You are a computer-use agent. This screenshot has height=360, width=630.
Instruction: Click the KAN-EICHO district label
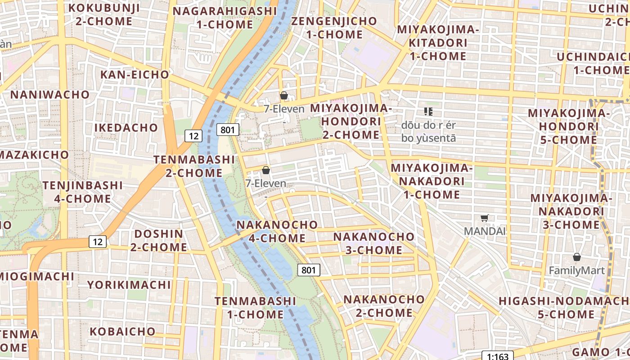tap(135, 74)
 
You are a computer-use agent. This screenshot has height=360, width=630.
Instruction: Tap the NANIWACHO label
tap(50, 94)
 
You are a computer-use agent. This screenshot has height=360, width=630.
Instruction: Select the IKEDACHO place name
tap(126, 127)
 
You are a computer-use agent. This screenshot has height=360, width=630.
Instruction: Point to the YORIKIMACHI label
tap(129, 284)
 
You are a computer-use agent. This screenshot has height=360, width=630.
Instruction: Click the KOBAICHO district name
tap(122, 332)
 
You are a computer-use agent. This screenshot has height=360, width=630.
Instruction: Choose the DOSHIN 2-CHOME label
tap(159, 240)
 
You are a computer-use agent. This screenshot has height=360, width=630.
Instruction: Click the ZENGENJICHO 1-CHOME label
tap(334, 27)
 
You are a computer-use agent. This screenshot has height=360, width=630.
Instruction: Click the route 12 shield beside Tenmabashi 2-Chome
tap(193, 135)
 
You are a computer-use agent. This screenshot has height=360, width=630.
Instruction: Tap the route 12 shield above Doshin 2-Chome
tap(98, 242)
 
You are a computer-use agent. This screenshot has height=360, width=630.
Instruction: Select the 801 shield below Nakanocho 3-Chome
tap(309, 270)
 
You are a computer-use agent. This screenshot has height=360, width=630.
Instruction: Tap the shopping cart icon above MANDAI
tap(484, 218)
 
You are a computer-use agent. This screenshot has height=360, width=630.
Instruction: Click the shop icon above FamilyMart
tap(577, 257)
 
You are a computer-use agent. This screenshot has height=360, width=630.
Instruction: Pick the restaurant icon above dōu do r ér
tap(428, 111)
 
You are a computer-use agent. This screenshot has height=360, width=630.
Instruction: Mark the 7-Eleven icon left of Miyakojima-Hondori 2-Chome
tap(284, 95)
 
